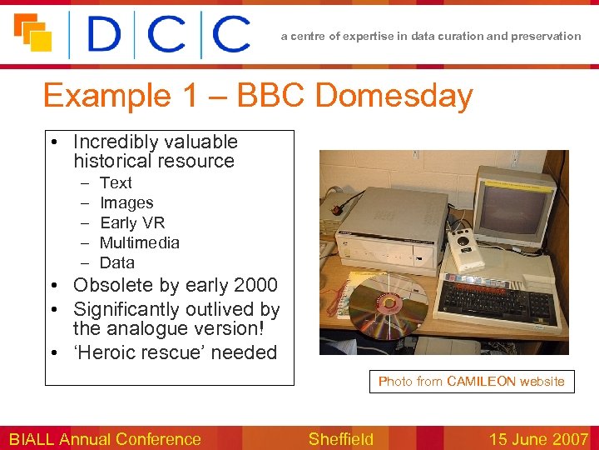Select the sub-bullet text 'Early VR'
(132, 222)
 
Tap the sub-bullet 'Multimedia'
(139, 242)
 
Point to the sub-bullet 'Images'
(126, 202)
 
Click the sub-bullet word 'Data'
(117, 262)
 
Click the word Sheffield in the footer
(340, 439)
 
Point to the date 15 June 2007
(538, 439)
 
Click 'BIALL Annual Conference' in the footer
(105, 439)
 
